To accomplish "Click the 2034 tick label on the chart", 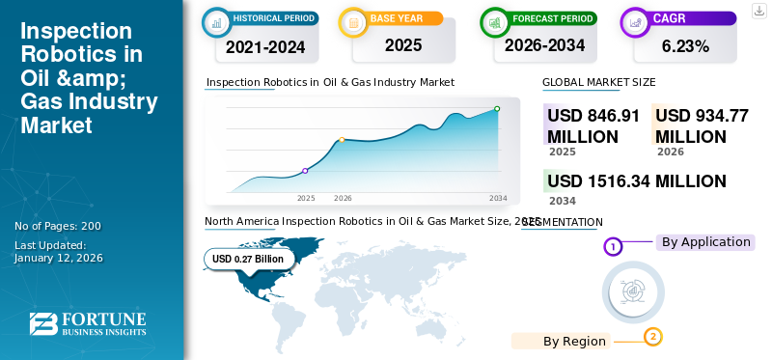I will tap(498, 198).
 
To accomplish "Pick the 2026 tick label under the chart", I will tap(343, 198).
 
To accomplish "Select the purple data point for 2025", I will tap(306, 171).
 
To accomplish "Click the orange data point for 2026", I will tap(342, 140).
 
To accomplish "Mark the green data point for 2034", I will tap(497, 109).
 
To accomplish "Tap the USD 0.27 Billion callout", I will tap(248, 259).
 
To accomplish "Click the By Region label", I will tap(574, 341).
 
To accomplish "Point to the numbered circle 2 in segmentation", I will tap(653, 337).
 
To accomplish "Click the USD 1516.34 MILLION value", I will tap(636, 181).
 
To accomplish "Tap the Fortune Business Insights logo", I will tap(87, 324).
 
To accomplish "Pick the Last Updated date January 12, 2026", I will tap(59, 258).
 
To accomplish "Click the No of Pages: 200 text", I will tap(58, 226).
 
